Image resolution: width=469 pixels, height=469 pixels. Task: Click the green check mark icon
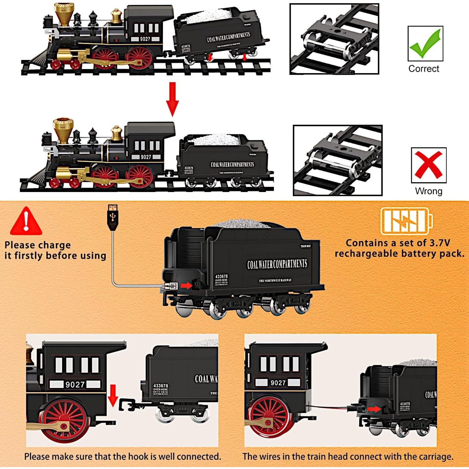[425, 43]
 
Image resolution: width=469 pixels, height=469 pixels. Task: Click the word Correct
[424, 68]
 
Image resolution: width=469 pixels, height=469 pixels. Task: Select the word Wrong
[429, 191]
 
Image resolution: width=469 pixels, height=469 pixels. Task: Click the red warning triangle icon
[26, 222]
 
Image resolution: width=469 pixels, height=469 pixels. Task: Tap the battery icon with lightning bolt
[406, 221]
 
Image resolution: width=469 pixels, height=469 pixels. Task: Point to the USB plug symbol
[113, 217]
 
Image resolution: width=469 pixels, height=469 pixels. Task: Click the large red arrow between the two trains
[172, 99]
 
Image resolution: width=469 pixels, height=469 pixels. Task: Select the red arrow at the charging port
[186, 285]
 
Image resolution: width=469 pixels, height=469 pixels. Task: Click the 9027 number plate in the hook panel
[75, 384]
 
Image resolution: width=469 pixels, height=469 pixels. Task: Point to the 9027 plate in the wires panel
[278, 382]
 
